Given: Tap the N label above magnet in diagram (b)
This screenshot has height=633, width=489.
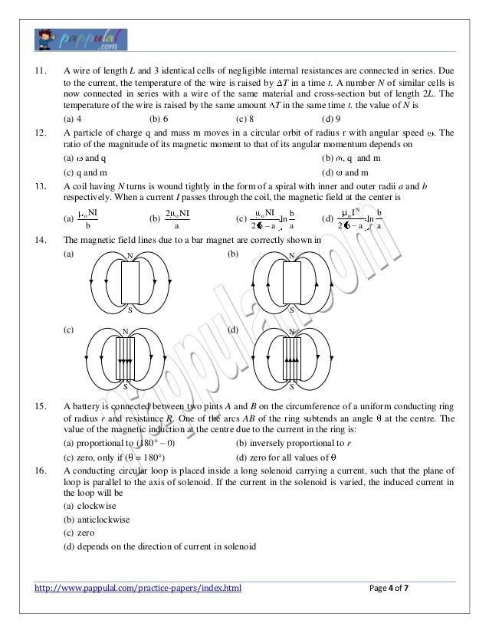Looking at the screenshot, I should [292, 255].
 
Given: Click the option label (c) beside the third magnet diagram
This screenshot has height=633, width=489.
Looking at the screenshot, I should [69, 330].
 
